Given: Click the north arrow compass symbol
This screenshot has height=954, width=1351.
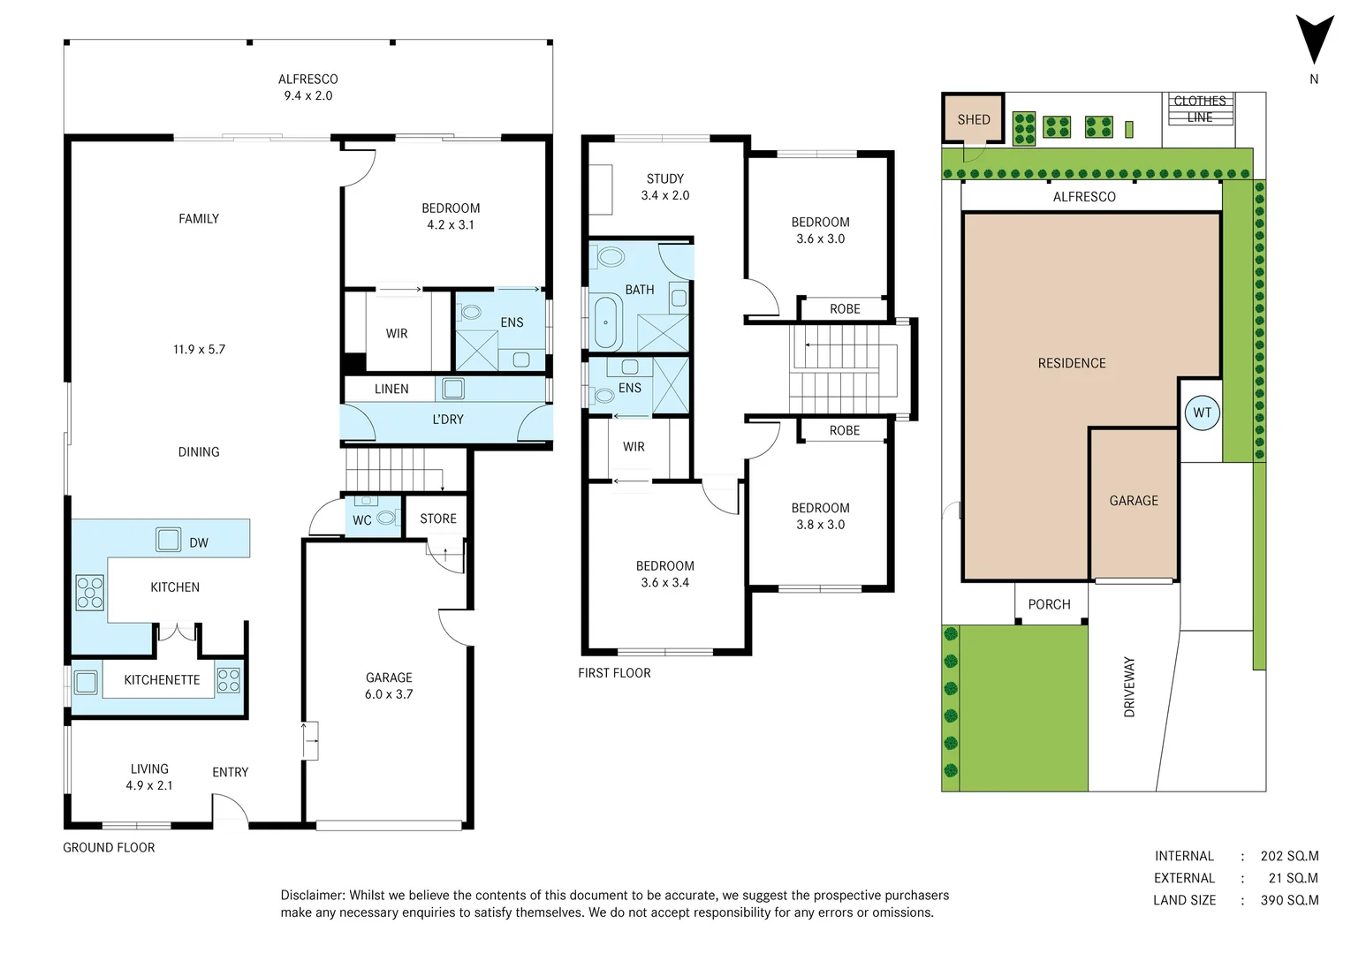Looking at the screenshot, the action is click(x=1315, y=42).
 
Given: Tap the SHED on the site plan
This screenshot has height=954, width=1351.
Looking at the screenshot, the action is click(x=973, y=118).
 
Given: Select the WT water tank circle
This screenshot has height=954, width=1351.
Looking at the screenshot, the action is click(x=1202, y=413).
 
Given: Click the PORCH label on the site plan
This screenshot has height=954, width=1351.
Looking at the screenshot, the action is click(x=1050, y=604).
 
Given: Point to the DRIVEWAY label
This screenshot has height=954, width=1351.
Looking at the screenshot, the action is click(x=1129, y=687).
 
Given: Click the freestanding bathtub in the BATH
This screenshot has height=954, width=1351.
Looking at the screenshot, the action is click(x=606, y=322).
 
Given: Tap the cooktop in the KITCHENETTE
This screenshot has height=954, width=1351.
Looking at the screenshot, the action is click(x=229, y=680).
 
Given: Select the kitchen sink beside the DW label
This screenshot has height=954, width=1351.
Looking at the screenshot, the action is click(x=168, y=540).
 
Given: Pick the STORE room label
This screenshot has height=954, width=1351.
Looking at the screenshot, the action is click(x=438, y=519).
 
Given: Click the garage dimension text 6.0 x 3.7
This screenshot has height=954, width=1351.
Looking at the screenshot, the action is click(x=389, y=694).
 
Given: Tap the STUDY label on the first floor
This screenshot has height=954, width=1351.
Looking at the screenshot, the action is click(x=665, y=178).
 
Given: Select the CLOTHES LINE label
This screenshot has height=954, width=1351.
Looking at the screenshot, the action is click(x=1200, y=110).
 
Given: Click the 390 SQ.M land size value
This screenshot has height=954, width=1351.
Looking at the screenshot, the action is click(x=1289, y=900).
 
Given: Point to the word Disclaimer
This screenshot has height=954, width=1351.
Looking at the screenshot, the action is click(x=313, y=896).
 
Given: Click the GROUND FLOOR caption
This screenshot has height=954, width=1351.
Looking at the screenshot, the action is click(x=110, y=847).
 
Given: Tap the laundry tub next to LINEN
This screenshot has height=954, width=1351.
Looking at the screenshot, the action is click(x=453, y=389).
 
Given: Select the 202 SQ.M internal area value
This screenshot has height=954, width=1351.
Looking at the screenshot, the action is click(x=1289, y=856).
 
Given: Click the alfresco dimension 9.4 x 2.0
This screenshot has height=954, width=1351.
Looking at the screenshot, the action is click(x=308, y=95).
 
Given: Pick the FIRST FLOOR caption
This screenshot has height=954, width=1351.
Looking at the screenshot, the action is click(x=615, y=673).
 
